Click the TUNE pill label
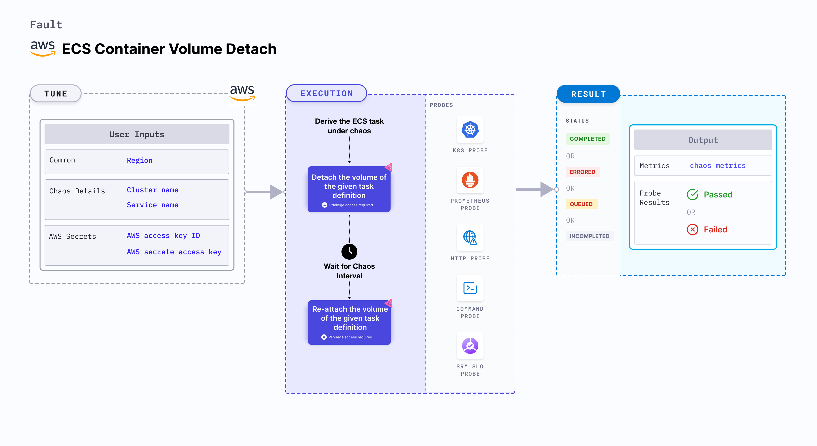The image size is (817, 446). click(56, 94)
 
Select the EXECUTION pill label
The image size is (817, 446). click(326, 94)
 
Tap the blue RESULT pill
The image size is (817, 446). click(588, 94)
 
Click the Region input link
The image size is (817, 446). click(139, 160)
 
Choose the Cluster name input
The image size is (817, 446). click(152, 190)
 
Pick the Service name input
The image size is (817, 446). click(152, 205)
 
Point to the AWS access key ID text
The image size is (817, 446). click(163, 235)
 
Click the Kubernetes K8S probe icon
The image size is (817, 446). click(470, 130)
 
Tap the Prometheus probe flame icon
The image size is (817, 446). click(470, 180)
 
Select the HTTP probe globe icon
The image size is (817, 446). click(470, 237)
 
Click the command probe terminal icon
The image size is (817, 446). click(470, 288)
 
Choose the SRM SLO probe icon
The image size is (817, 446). click(470, 346)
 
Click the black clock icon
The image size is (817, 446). click(349, 251)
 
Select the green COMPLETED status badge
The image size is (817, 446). click(587, 139)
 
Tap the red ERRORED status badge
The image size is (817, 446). click(582, 172)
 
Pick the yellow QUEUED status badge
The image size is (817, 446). click(581, 204)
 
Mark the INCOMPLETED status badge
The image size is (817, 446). click(589, 236)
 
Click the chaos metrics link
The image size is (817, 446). click(717, 166)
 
